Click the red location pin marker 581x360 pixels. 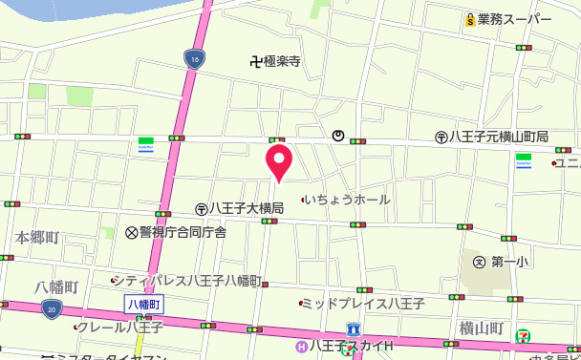(x=278, y=160)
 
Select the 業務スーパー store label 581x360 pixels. (x=515, y=19)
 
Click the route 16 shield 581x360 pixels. (x=194, y=59)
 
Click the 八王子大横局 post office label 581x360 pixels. (x=247, y=208)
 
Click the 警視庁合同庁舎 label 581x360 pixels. (x=183, y=232)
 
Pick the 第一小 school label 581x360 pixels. (x=510, y=261)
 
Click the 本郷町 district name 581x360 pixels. (x=37, y=237)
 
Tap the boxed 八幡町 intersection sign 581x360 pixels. (x=145, y=303)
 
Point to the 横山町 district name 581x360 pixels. (x=481, y=328)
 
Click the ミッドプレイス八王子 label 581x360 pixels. (x=362, y=304)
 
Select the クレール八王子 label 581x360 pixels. (x=121, y=327)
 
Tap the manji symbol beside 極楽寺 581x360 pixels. (x=254, y=62)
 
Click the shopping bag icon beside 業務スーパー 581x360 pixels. (x=469, y=19)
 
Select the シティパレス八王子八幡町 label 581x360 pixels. (x=191, y=280)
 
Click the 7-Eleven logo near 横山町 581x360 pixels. (x=524, y=335)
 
